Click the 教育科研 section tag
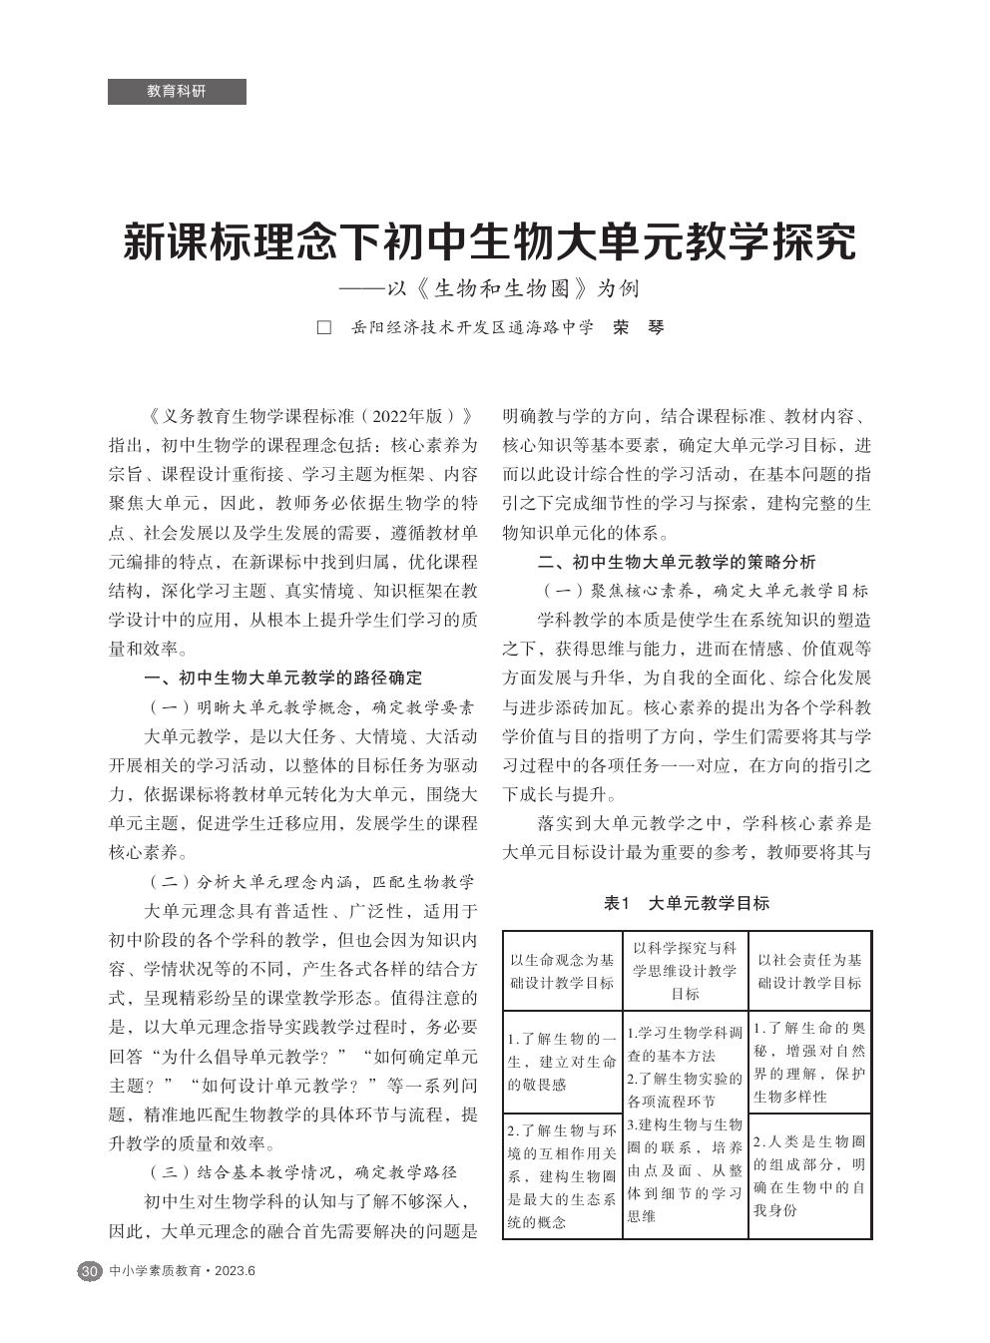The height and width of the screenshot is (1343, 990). (x=177, y=92)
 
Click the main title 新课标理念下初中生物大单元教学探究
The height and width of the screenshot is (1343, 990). (x=490, y=242)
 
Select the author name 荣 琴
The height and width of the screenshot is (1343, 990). (x=638, y=327)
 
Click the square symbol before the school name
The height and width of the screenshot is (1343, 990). (x=323, y=327)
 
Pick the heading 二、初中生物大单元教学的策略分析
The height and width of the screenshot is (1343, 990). (x=676, y=562)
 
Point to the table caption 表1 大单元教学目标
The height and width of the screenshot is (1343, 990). (x=687, y=903)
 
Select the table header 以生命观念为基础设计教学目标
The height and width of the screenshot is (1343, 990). (x=562, y=971)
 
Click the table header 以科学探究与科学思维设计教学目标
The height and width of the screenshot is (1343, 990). (x=685, y=971)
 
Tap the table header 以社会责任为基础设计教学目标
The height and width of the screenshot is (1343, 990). (x=809, y=971)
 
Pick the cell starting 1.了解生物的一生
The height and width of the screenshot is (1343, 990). (x=562, y=1062)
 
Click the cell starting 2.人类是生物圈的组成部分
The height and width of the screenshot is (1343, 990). (x=809, y=1175)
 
